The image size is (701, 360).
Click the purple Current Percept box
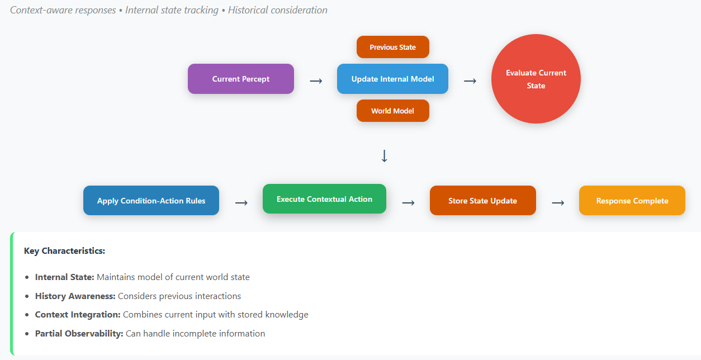[241, 79]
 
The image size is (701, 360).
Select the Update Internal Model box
[392, 79]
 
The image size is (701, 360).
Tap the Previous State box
[393, 47]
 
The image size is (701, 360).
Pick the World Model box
[393, 111]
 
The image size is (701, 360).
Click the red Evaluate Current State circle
[536, 79]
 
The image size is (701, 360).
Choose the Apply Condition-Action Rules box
[151, 200]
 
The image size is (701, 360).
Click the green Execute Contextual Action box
[324, 199]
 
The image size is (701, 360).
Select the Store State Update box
[482, 200]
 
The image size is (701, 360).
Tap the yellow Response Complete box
[632, 200]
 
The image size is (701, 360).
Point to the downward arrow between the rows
[384, 156]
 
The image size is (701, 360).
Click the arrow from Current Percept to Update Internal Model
[316, 81]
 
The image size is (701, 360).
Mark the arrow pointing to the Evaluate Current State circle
[470, 81]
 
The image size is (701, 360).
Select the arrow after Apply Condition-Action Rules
[241, 203]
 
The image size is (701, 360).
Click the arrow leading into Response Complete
[558, 203]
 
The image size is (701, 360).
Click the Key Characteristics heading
[64, 251]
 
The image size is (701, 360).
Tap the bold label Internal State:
[64, 277]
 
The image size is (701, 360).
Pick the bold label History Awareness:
[75, 296]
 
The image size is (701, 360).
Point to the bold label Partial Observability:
[79, 333]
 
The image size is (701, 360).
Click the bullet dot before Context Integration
[27, 315]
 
